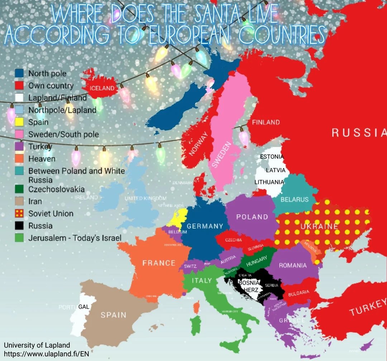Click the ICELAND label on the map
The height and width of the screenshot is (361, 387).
(x=102, y=88)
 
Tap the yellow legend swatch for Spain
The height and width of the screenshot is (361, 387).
(x=19, y=122)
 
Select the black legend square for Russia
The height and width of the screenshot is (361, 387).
(x=19, y=226)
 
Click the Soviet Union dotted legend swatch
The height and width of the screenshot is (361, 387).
(x=19, y=213)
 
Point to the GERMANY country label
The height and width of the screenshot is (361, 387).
(x=205, y=226)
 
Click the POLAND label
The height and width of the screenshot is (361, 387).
(x=252, y=217)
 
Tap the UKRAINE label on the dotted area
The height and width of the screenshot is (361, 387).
(x=319, y=226)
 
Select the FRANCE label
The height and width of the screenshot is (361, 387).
(x=159, y=263)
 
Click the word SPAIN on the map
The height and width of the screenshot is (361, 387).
(x=113, y=315)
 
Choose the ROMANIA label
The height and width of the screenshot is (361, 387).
(x=293, y=265)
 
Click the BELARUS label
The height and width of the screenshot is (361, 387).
(x=294, y=199)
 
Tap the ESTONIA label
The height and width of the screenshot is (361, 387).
(x=272, y=157)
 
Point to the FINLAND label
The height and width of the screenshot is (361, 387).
(x=266, y=122)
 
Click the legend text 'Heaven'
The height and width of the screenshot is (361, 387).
(x=42, y=159)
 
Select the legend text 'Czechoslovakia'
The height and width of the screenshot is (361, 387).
(x=57, y=189)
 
